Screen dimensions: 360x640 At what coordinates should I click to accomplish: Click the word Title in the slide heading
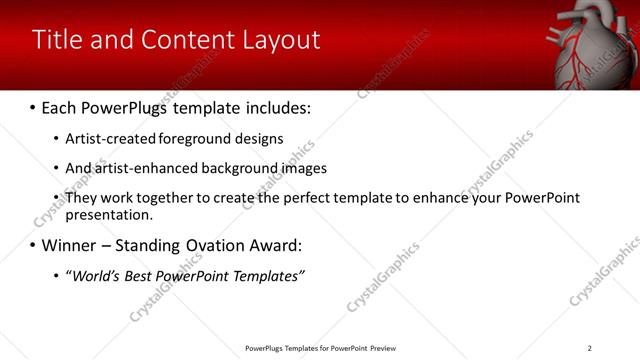point(57,40)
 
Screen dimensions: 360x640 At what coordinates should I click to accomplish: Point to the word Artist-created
point(104,139)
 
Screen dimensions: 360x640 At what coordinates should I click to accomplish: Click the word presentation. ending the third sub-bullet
point(109,214)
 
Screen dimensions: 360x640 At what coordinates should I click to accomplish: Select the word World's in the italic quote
point(97,276)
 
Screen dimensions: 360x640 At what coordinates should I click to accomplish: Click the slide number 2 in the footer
point(589,348)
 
